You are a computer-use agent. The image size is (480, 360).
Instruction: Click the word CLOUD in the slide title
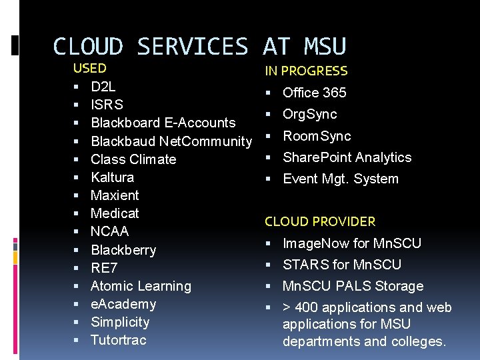[88, 47]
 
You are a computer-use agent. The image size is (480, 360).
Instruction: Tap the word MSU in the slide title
[325, 47]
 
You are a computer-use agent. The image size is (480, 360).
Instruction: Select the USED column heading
[89, 68]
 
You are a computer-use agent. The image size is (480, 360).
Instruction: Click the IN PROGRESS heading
[306, 71]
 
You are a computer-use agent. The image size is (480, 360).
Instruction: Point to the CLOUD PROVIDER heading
[320, 221]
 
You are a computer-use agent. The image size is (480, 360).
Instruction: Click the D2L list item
[103, 87]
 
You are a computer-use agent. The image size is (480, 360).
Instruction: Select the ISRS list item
[107, 105]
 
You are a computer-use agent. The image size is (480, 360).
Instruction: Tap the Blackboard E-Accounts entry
[163, 123]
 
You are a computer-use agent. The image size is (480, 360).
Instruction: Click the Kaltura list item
[112, 177]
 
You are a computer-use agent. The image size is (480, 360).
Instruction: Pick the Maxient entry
[115, 195]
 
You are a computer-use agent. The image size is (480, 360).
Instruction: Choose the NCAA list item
[109, 231]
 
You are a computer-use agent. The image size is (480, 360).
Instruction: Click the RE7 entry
[103, 268]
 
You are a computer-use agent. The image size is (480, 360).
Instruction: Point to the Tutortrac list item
[118, 340]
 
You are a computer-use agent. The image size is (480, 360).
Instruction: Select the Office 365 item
[314, 93]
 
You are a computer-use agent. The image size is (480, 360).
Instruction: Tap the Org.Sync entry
[309, 114]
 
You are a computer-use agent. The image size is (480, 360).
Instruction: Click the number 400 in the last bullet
[306, 307]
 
